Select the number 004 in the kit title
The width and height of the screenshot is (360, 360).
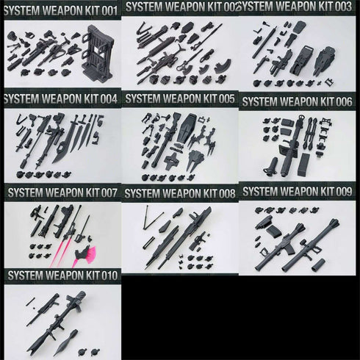click(106, 99)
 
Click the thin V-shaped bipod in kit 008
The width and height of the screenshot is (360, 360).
click(151, 217)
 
